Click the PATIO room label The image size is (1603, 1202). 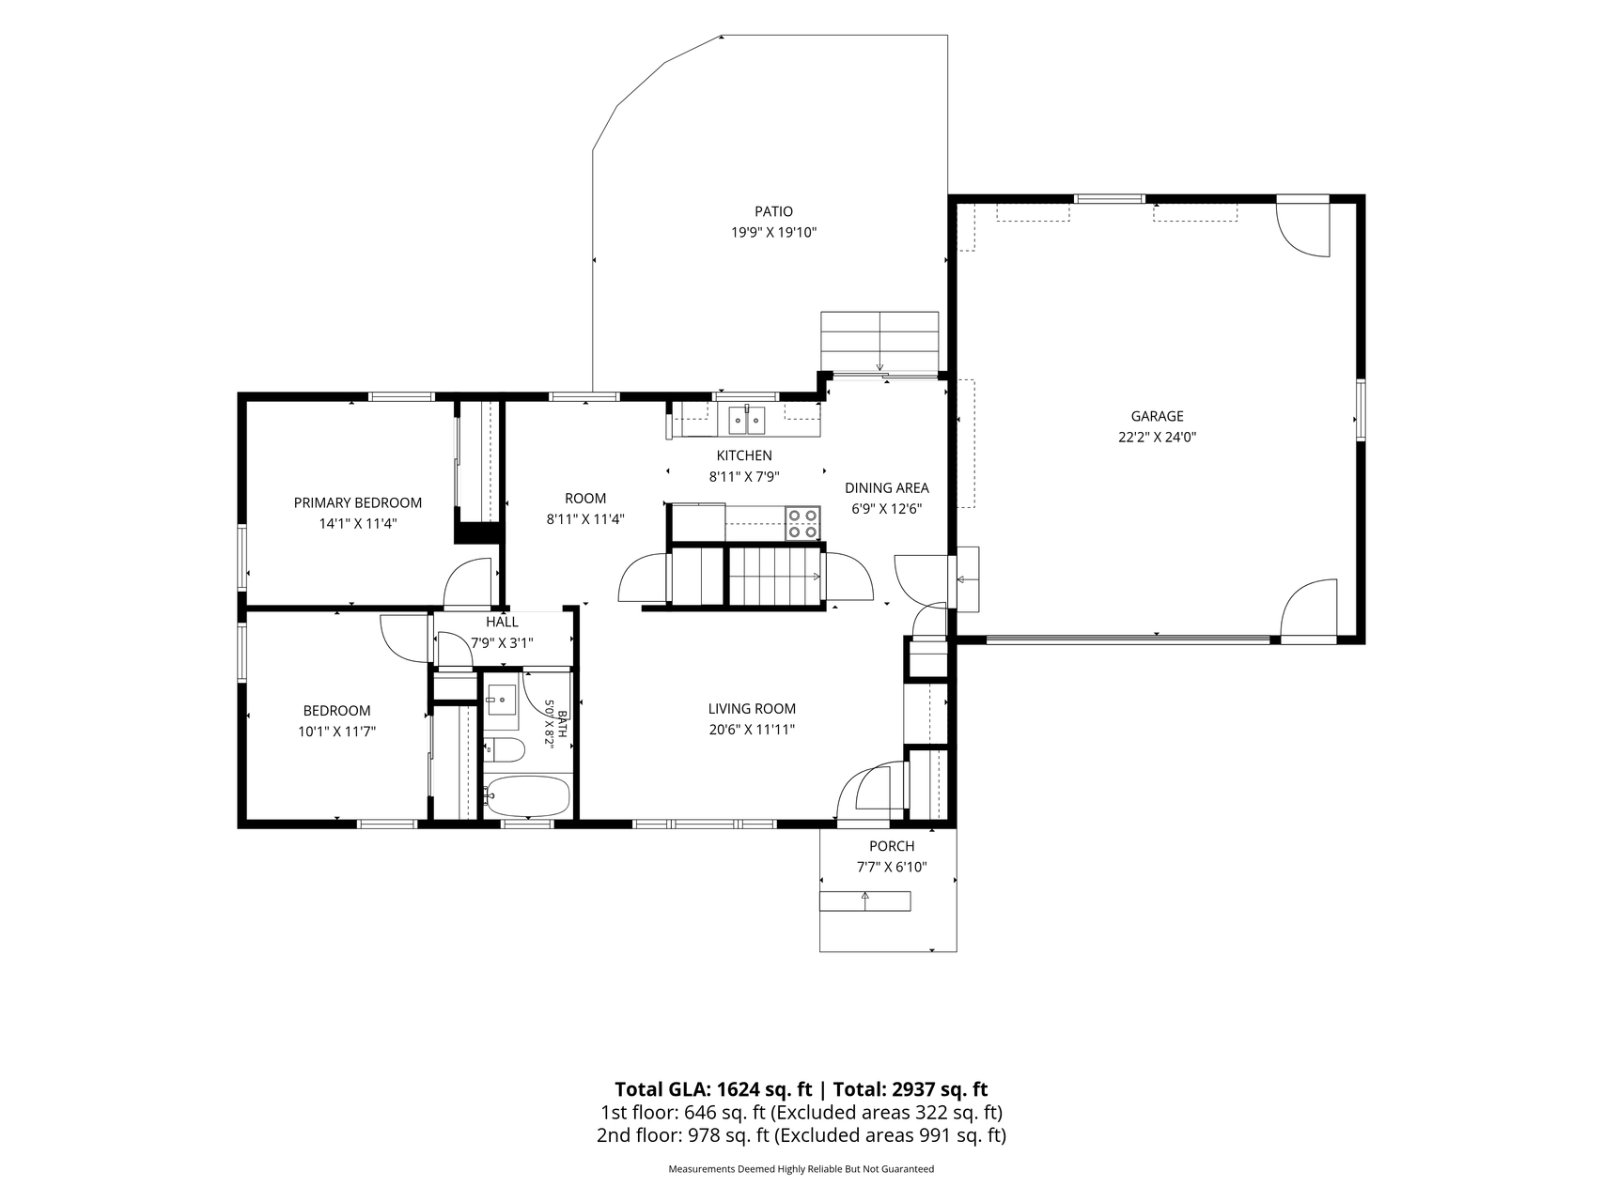[773, 212]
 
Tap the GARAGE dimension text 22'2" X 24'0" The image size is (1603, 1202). [1157, 437]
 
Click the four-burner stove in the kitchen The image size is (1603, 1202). [802, 523]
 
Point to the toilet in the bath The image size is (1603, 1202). [505, 749]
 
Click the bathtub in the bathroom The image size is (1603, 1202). [526, 796]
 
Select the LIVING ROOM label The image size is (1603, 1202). [752, 709]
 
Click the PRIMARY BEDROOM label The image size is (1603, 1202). [358, 503]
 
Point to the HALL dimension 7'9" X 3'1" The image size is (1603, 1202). [502, 643]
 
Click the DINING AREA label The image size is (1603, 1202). [887, 488]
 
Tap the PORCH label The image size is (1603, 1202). [892, 847]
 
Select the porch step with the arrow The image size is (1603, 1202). [865, 901]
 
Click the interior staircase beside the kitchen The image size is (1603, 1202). [776, 576]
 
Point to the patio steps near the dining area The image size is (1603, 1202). [879, 342]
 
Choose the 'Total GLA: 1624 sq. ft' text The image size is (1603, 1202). [713, 1090]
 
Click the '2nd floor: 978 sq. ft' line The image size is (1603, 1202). [683, 1136]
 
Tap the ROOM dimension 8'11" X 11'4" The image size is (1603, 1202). [585, 519]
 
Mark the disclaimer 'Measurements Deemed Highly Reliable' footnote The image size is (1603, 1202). [801, 1170]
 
